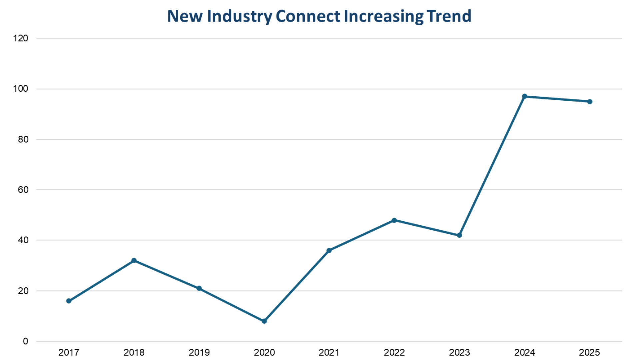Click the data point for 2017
click(69, 301)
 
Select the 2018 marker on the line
click(134, 260)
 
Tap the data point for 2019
click(199, 288)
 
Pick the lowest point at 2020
click(264, 321)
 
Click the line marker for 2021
click(329, 250)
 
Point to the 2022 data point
click(394, 220)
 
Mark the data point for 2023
click(459, 235)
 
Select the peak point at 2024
click(524, 96)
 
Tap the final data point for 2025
click(590, 102)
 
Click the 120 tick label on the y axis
click(21, 38)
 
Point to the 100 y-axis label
click(21, 89)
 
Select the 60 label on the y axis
click(23, 190)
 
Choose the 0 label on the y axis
click(25, 341)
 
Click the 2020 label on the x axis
click(264, 352)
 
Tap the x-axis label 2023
click(459, 352)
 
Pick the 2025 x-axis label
click(589, 352)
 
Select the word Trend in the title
click(449, 16)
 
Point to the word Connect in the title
click(308, 16)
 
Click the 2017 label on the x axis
click(69, 352)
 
